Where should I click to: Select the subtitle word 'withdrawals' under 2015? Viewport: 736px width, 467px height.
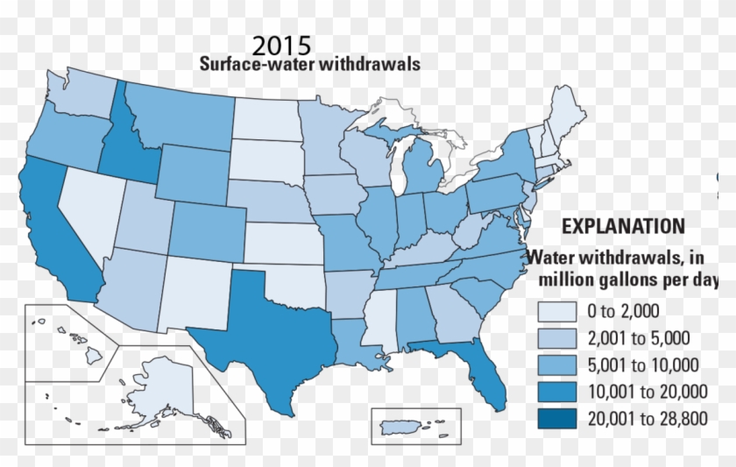372,64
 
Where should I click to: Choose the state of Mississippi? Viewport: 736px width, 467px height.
382,324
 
